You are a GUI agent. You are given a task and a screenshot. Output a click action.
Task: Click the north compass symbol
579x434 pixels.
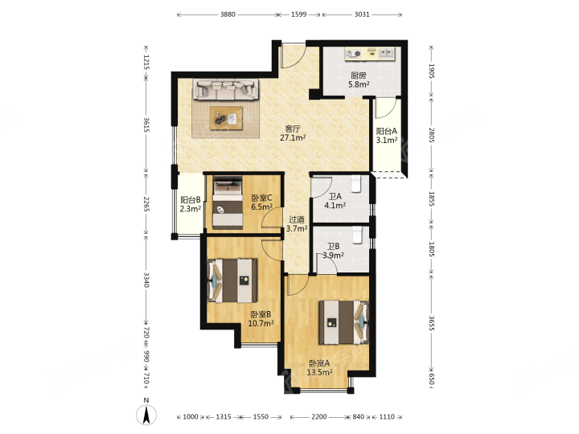click(x=146, y=414)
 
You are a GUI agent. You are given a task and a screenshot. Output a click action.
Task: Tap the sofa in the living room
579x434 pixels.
click(x=226, y=89)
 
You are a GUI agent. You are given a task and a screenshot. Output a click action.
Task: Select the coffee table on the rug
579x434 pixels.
click(x=226, y=118)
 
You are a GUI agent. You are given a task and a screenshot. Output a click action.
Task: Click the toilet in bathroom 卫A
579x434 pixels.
click(x=355, y=184)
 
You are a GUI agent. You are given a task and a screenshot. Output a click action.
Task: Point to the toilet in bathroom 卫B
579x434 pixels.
click(x=357, y=235)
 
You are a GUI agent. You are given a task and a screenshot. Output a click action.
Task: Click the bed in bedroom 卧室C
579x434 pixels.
click(x=228, y=203)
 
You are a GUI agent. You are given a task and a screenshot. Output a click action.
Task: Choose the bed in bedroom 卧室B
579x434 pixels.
click(x=232, y=280)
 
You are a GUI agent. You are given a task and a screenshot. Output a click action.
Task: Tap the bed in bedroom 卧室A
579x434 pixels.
click(x=344, y=322)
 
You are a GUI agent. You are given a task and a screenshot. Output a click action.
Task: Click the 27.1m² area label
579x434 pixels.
click(x=293, y=138)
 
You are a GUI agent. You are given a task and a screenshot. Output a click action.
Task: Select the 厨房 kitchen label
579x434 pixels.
click(x=359, y=76)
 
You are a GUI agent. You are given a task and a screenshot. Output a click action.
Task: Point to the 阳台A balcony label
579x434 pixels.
click(x=387, y=131)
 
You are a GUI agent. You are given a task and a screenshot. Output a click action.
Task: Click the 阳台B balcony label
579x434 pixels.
click(x=191, y=200)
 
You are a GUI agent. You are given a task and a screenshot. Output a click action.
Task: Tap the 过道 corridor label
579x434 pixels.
click(x=297, y=219)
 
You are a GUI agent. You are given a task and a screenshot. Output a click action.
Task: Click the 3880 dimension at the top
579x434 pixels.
click(x=228, y=14)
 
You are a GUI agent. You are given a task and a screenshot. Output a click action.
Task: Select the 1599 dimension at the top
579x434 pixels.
click(x=298, y=14)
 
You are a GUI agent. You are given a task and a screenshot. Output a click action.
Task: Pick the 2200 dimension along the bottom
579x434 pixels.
click(x=319, y=416)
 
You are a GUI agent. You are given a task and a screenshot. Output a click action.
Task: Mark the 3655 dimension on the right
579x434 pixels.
click(x=432, y=323)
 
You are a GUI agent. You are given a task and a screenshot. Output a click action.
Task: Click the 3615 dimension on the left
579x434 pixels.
click(x=146, y=125)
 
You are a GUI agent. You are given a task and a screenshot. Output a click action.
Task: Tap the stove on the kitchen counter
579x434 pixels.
click(x=353, y=55)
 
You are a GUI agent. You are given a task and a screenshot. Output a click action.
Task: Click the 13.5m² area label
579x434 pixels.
click(x=319, y=372)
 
